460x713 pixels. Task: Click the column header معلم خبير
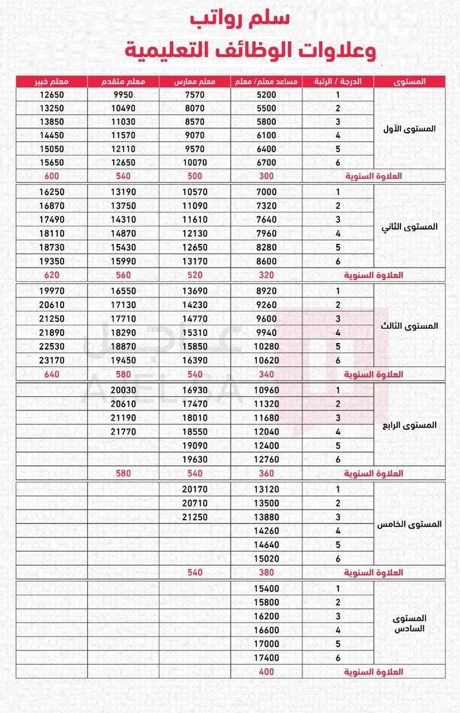[x=51, y=81]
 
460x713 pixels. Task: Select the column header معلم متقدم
[x=124, y=81]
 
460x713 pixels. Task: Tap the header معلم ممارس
[x=195, y=81]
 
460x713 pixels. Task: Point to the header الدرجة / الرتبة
[x=338, y=81]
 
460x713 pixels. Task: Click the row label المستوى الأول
[x=410, y=128]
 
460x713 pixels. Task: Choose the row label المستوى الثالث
[x=410, y=326]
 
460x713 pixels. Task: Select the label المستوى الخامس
[x=410, y=524]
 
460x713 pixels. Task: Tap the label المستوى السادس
[x=410, y=623]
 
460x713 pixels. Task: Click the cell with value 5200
[x=266, y=95]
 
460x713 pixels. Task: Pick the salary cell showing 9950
[x=124, y=95]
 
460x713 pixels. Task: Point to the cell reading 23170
[x=51, y=360]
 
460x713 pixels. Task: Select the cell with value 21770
[x=124, y=431]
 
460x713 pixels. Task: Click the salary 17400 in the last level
[x=266, y=658]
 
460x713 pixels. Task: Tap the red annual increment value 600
[x=51, y=176]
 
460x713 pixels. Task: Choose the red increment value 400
[x=266, y=671]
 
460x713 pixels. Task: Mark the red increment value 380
[x=266, y=572]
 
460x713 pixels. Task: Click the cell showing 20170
[x=195, y=489]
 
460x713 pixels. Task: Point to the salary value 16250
[x=51, y=192]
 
